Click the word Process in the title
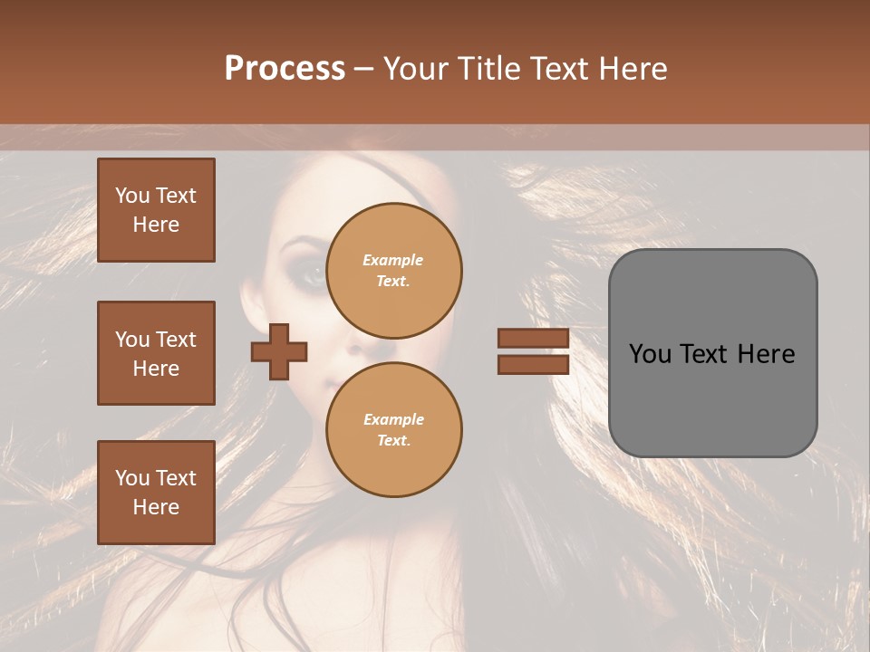pos(285,69)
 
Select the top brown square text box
pos(156,210)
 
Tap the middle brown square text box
pos(156,353)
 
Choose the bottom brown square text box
pos(156,493)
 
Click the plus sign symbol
pos(279,351)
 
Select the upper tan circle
pos(394,270)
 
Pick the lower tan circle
pos(394,429)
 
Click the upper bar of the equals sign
pos(533,339)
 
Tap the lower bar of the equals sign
pos(533,364)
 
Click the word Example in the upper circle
pos(392,260)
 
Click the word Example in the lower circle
pos(393,419)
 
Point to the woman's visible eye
pos(311,273)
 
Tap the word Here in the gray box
pos(766,354)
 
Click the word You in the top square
pos(132,196)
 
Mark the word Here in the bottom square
pos(156,507)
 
